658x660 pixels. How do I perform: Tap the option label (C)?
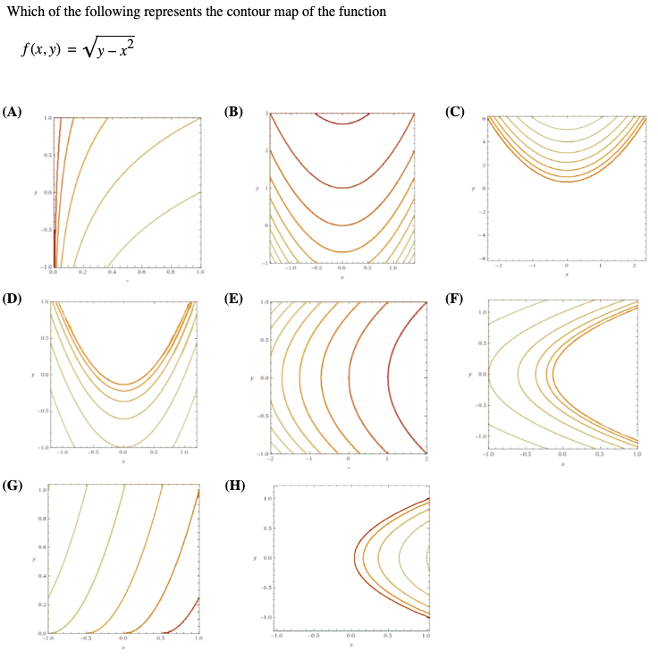pos(456,113)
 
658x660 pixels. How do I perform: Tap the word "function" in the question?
pos(364,13)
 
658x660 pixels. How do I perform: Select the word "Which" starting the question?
pos(24,13)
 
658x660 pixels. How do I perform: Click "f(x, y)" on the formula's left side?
pos(40,50)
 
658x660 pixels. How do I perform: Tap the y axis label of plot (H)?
pos(257,558)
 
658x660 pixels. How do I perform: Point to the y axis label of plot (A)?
pos(34,191)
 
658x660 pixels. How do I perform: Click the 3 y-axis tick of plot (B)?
pos(265,114)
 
